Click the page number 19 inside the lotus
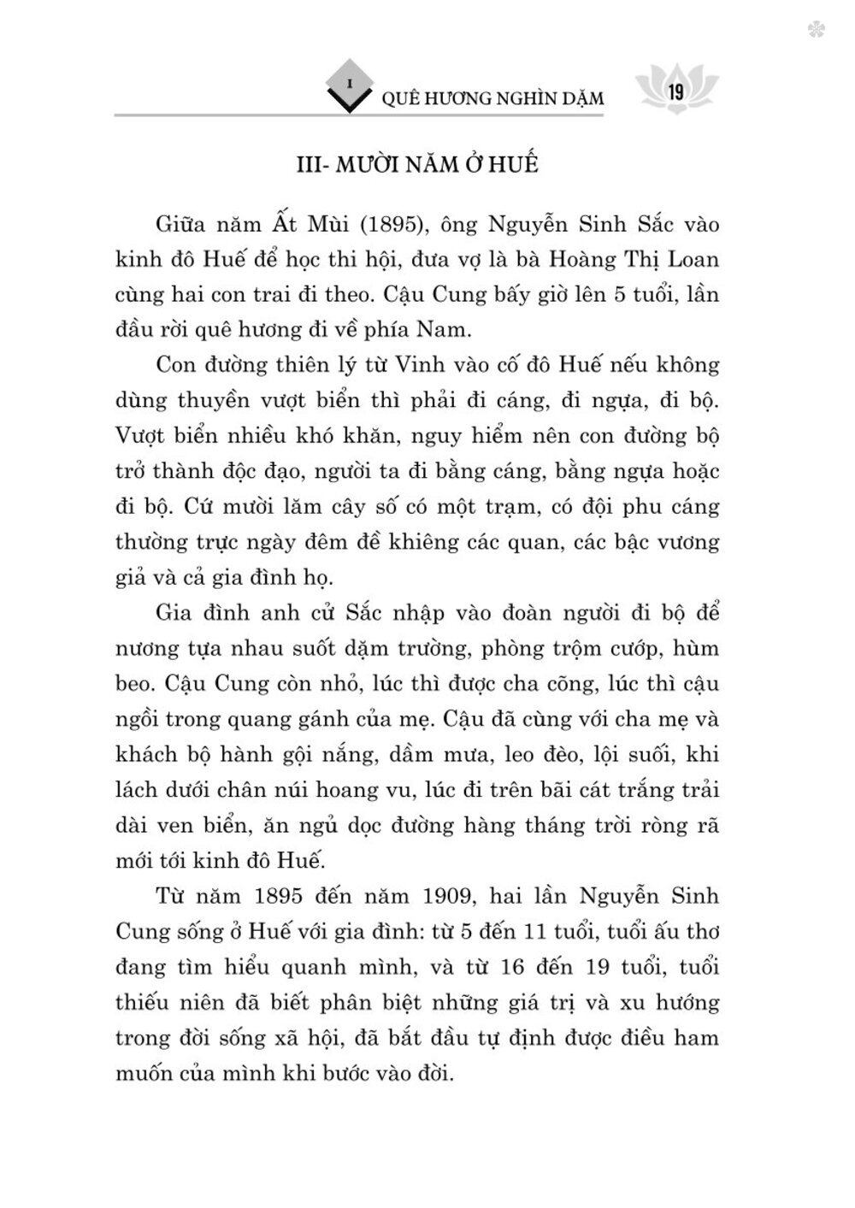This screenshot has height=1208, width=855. [x=675, y=92]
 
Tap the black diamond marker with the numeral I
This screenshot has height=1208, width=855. [x=349, y=85]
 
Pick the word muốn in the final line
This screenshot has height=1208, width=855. [x=142, y=1075]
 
